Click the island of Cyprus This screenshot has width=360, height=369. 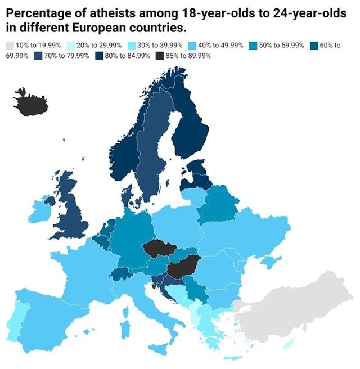coord(290,344)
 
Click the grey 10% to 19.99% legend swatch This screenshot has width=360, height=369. coord(9,45)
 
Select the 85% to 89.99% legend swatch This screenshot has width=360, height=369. coord(159,55)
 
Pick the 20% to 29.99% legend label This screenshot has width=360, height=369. coord(93,45)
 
